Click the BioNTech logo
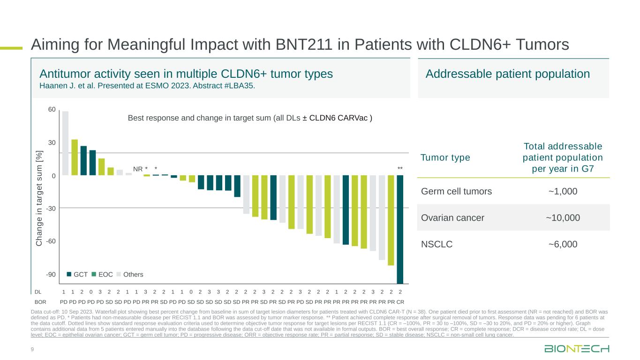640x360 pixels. [577, 349]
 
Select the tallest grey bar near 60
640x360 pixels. [65, 143]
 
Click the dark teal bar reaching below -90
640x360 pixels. [400, 229]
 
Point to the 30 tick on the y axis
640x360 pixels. [52, 142]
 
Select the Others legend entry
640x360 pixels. [130, 274]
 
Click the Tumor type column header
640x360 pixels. [445, 157]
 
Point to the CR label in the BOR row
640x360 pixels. [400, 301]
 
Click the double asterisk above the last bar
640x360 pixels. [400, 168]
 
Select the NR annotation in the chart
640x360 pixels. [138, 168]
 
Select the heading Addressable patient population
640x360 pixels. [507, 74]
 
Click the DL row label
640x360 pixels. [38, 291]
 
